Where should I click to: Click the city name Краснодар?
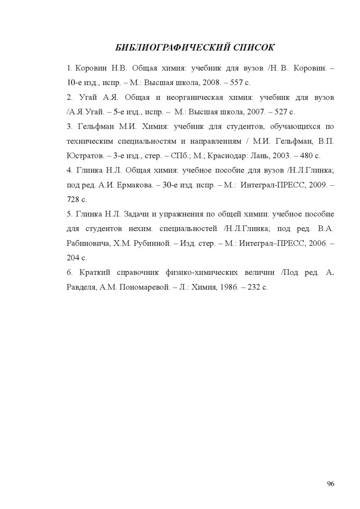click(x=231, y=156)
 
